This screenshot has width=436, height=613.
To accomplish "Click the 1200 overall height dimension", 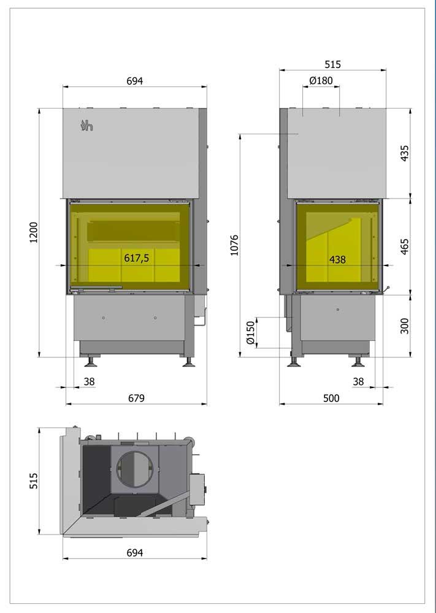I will tap(34, 232).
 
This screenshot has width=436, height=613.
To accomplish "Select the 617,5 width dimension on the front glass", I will tap(137, 259).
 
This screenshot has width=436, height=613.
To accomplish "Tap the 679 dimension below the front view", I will tap(136, 398).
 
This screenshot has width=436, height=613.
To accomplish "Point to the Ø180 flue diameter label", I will tap(321, 80).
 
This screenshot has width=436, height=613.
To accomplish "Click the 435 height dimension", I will tap(404, 153).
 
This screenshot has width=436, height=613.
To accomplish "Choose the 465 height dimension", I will tap(404, 246).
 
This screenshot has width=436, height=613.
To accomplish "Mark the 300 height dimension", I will tap(404, 326).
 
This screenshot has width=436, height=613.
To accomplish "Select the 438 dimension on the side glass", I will tap(337, 259).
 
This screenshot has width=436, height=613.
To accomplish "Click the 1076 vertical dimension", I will tap(234, 245).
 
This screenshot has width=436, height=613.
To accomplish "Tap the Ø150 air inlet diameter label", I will tap(250, 333).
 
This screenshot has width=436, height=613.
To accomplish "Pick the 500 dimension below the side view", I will tap(331, 398).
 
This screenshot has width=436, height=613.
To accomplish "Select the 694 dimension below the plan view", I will tap(134, 552).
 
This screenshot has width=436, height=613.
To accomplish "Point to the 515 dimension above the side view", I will tap(332, 64).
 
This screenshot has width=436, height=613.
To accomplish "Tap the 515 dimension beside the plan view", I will tap(34, 480).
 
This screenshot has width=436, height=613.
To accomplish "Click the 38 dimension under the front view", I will tap(89, 381).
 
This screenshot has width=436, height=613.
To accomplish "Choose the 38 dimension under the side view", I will tap(358, 381).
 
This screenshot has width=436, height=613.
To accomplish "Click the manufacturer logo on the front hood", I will tap(86, 126).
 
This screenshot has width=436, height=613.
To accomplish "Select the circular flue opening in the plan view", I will tap(134, 469).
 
